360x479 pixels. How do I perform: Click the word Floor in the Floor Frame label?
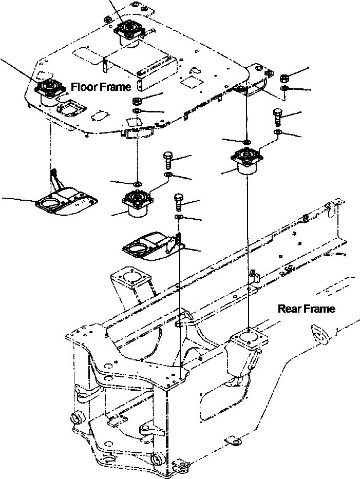(83, 86)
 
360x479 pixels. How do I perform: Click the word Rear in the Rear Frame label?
(289, 309)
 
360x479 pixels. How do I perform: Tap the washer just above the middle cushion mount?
(137, 183)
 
